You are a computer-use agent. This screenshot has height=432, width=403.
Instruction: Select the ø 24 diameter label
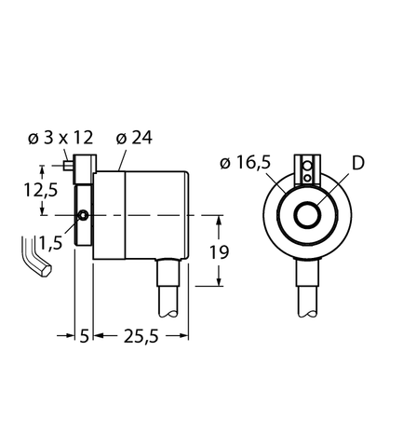134,139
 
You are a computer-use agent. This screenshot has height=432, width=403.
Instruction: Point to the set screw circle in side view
84,216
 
